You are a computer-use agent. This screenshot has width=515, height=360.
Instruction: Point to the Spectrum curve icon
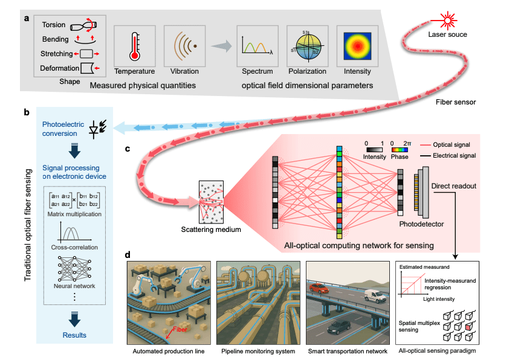point(257,46)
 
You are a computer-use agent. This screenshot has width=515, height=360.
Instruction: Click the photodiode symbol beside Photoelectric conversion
point(96,129)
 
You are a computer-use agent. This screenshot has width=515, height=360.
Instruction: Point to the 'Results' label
point(74,335)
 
